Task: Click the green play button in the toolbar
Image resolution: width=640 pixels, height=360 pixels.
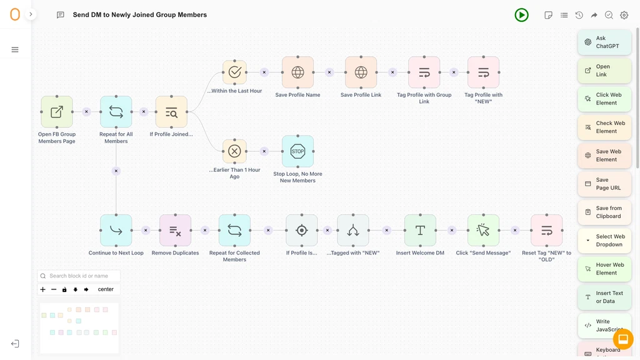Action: [521, 15]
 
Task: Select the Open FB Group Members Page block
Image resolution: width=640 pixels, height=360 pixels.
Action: [57, 112]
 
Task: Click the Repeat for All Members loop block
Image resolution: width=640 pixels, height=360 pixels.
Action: [116, 112]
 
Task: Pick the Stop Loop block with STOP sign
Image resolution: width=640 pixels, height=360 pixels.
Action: [297, 151]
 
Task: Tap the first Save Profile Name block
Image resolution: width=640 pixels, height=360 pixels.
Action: [297, 72]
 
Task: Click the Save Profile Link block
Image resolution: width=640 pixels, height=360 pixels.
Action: [361, 72]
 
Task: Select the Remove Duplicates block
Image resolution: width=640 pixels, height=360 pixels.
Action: [175, 231]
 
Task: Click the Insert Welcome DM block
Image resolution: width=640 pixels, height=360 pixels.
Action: [420, 231]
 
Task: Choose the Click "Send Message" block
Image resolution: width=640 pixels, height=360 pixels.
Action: [483, 231]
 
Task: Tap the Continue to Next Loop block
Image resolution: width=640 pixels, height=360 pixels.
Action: [116, 231]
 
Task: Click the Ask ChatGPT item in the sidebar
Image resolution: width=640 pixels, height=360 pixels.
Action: [604, 42]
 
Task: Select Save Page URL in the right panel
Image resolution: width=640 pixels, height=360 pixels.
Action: [604, 184]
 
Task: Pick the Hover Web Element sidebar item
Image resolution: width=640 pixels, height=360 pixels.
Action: [604, 269]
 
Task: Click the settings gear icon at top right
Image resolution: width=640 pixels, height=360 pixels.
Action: [624, 15]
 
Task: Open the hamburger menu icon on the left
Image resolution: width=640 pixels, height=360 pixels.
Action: [15, 50]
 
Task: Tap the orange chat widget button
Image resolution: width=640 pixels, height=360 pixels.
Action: [623, 339]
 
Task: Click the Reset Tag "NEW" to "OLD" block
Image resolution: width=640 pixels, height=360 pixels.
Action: [546, 231]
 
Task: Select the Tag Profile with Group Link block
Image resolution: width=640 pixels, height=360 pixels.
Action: [424, 72]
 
